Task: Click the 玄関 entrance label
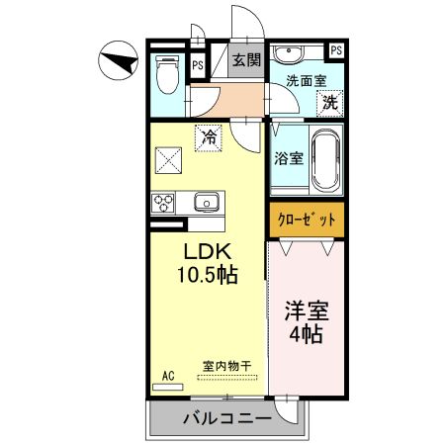pos(246,60)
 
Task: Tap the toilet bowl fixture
pos(167,74)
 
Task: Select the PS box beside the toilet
pos(198,65)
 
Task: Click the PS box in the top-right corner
pos(336,50)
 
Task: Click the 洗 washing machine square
pos(330,103)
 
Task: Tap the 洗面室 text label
pos(306,81)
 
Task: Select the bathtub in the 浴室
pos(325,159)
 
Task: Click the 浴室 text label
pos(289,158)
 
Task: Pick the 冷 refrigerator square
pos(209,137)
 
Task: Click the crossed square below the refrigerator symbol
pos(168,160)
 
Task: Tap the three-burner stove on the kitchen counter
pos(162,203)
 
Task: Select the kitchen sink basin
pos(207,202)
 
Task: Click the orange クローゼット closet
pos(307,220)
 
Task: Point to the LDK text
pos(207,252)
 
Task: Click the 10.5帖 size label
pos(208,275)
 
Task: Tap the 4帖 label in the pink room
pos(307,334)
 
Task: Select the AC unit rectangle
pos(168,387)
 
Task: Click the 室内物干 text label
pos(226,366)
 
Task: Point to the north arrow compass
pos(118,60)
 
